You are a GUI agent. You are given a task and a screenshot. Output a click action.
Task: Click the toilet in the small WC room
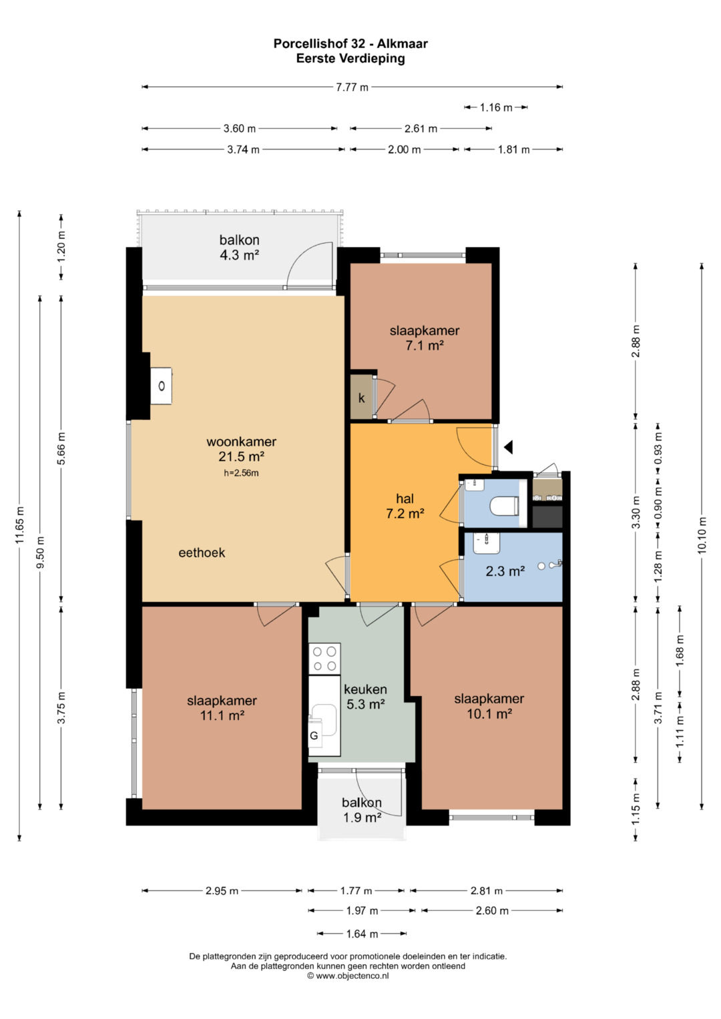[504, 505]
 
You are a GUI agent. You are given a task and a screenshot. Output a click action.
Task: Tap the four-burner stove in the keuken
[324, 659]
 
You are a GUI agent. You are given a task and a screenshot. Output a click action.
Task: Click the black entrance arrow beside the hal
[509, 447]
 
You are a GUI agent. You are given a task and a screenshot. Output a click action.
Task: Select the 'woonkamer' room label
[241, 441]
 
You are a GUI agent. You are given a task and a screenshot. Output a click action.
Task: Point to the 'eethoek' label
[202, 553]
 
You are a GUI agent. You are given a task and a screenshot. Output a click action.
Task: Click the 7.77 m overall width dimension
[352, 87]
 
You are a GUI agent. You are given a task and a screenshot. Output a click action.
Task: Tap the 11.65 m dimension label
[19, 525]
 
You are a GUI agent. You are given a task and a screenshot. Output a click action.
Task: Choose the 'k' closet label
[361, 398]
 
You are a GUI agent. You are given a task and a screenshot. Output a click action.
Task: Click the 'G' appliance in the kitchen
[314, 735]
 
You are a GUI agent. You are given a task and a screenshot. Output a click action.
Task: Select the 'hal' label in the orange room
[405, 499]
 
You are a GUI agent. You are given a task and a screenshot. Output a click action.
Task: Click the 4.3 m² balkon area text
[240, 255]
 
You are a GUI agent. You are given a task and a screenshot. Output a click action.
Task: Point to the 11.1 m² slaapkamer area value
[222, 715]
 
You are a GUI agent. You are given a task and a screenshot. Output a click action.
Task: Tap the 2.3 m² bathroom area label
[505, 571]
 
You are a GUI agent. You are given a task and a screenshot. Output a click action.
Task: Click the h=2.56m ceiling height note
[241, 473]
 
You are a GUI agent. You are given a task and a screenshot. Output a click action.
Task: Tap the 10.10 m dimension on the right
[702, 536]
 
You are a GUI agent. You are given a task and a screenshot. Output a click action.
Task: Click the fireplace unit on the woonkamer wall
[162, 386]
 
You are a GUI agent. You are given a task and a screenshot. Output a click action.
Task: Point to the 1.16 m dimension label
[496, 108]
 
